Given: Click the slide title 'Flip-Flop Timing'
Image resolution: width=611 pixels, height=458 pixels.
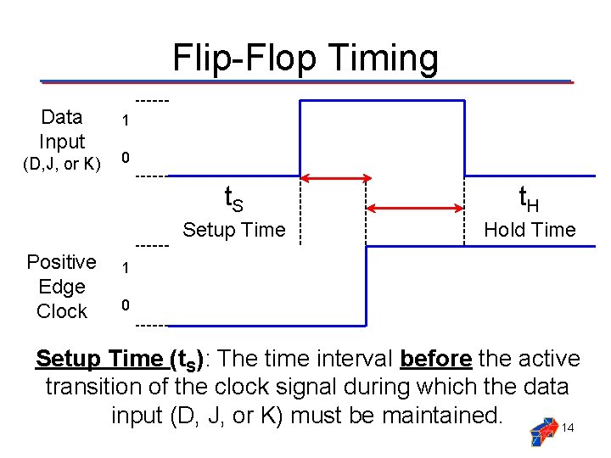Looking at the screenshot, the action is (305, 59).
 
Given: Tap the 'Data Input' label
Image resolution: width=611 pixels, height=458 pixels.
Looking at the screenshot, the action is (62, 129).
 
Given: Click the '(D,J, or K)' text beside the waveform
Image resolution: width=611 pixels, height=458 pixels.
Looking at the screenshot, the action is (62, 163).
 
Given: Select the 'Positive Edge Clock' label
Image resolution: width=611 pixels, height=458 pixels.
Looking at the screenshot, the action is (61, 287).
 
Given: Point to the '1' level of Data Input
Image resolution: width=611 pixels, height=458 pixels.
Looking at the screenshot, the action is (125, 121).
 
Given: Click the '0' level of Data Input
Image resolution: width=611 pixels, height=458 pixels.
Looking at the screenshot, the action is (125, 158).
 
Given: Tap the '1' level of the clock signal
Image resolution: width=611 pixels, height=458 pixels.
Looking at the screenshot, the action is (125, 268).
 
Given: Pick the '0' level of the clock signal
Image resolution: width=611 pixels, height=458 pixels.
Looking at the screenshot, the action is (125, 304).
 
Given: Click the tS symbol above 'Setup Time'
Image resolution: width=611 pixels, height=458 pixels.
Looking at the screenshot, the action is (233, 198).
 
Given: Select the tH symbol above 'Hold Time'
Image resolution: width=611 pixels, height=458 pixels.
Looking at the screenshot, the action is (529, 198).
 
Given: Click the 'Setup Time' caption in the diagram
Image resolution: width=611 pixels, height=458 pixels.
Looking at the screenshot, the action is (234, 230).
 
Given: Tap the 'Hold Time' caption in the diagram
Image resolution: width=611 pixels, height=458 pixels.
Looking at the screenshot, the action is (530, 230).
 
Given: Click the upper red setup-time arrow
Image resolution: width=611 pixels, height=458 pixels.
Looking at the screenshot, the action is (337, 178).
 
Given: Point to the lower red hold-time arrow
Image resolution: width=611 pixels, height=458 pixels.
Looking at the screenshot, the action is (415, 208).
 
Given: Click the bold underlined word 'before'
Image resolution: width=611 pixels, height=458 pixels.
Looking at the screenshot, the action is (435, 359).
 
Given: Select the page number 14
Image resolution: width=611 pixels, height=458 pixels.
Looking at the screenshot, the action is (568, 427).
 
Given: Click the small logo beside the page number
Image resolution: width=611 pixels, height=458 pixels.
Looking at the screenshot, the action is (543, 432).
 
